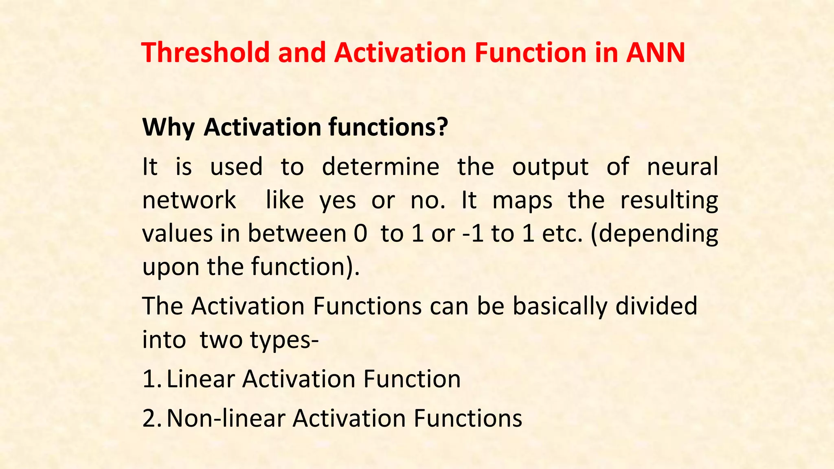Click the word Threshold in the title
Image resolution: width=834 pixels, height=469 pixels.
click(206, 53)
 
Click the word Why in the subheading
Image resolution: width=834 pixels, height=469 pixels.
click(168, 127)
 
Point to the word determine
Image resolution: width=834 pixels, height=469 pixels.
click(380, 167)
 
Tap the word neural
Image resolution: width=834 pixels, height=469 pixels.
click(682, 167)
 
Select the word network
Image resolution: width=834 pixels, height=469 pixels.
click(189, 201)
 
